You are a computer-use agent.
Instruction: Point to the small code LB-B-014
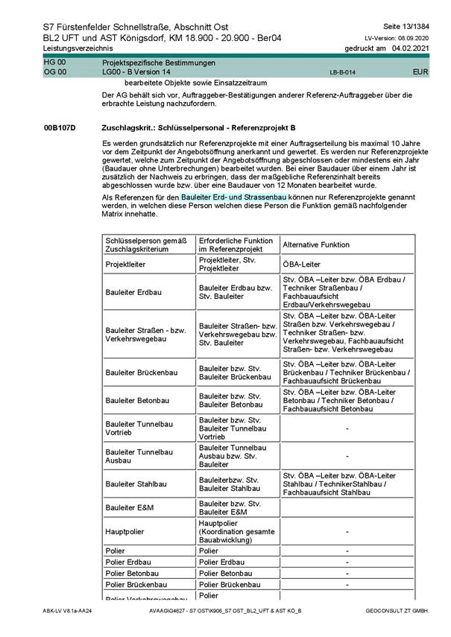pos(342,73)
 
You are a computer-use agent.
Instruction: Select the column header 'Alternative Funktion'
pos(317,244)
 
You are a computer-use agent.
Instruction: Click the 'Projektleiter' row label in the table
pos(126,263)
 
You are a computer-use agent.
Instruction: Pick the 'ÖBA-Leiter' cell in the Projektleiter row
pos(302,263)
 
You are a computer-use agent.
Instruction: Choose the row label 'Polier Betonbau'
pos(132,573)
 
